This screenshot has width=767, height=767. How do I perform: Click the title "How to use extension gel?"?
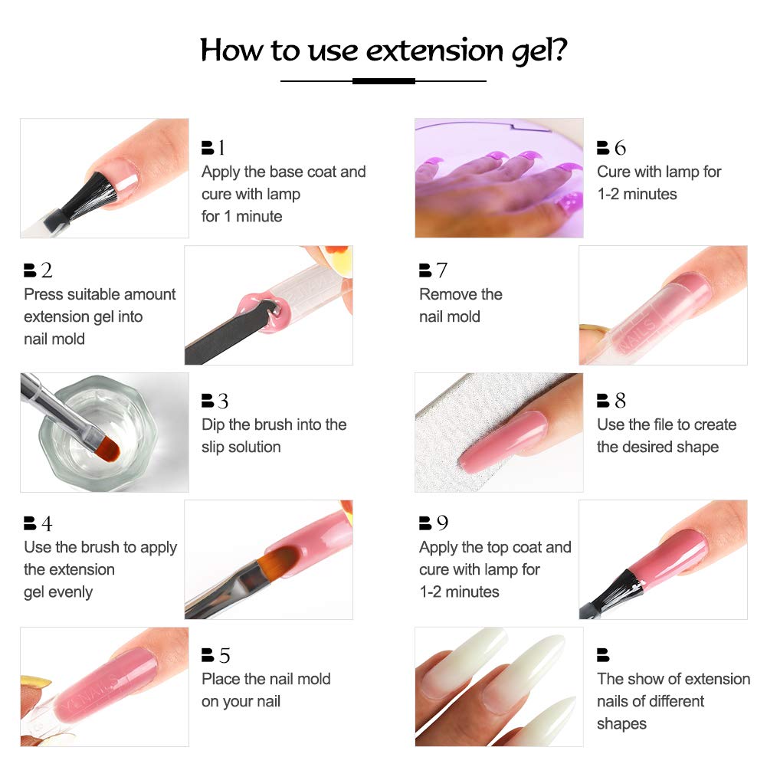point(383,50)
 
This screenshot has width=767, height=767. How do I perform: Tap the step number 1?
point(221,148)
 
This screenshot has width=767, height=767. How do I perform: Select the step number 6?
point(619,148)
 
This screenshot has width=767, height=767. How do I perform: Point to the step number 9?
point(442,523)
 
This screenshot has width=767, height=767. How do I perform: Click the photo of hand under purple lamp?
point(499,178)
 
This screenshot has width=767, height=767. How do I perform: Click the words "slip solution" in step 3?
point(241,447)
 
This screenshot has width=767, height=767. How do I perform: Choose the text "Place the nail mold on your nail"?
point(266,690)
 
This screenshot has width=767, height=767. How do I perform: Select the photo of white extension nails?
point(499,687)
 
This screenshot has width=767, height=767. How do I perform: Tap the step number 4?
point(47,523)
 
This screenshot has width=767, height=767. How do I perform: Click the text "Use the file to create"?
point(666,424)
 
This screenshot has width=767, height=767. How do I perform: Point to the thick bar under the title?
point(383,80)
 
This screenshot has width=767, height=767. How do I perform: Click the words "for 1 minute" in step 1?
point(241,216)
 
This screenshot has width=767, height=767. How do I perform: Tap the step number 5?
point(224,655)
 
